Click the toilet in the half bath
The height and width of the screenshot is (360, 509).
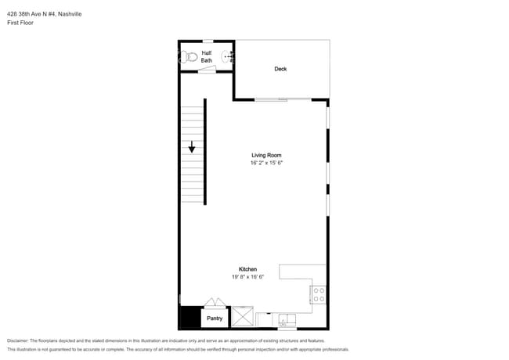188,56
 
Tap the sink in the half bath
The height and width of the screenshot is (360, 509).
229,56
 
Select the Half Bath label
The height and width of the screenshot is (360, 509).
207,56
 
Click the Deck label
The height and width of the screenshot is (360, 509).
280,69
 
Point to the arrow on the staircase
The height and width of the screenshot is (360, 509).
191,146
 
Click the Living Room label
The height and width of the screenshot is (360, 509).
266,155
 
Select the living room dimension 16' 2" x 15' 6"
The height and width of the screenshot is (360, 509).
266,163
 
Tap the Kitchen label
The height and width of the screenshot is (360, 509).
248,269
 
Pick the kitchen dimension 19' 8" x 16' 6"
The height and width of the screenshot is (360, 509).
248,277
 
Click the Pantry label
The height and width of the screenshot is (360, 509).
215,319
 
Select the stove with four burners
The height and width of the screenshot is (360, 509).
319,294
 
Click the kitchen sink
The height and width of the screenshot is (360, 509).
286,319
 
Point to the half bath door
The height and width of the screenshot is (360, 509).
207,70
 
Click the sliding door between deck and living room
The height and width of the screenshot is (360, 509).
283,99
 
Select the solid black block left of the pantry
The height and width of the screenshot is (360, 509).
190,318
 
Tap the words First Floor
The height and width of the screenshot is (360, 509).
20,23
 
